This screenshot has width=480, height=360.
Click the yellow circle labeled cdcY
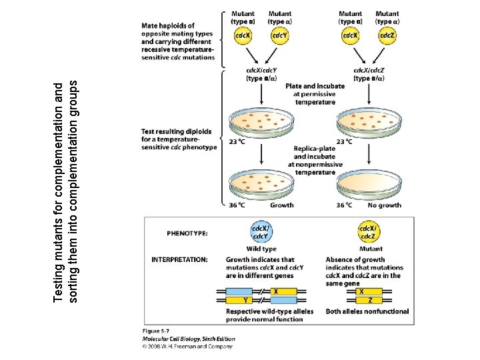(280, 36)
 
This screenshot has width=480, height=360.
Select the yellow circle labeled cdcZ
(387, 36)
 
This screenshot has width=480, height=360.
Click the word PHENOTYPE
(187, 233)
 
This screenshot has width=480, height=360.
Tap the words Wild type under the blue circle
(261, 249)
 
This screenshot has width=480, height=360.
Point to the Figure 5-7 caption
(157, 331)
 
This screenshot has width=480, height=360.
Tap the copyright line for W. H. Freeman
(188, 346)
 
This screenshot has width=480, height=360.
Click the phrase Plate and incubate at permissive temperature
(315, 94)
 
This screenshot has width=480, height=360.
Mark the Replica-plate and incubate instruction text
(315, 160)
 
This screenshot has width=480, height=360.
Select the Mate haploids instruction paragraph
(177, 41)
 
